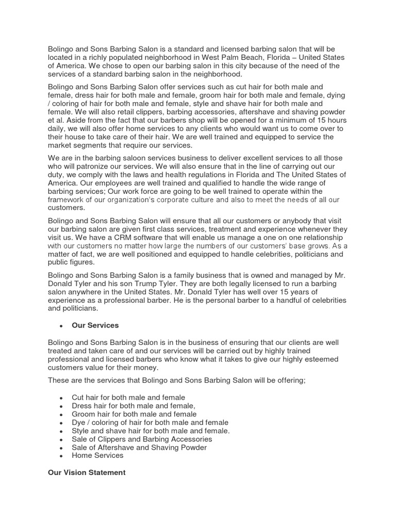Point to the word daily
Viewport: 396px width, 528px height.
tap(57, 128)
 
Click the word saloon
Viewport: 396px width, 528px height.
tap(130, 157)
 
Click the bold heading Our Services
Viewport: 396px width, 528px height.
tap(95, 325)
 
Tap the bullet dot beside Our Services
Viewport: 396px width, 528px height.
tap(61, 326)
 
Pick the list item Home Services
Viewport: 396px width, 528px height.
tap(97, 455)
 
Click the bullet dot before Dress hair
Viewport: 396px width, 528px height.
tap(61, 406)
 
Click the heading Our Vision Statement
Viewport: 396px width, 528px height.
tap(87, 472)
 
